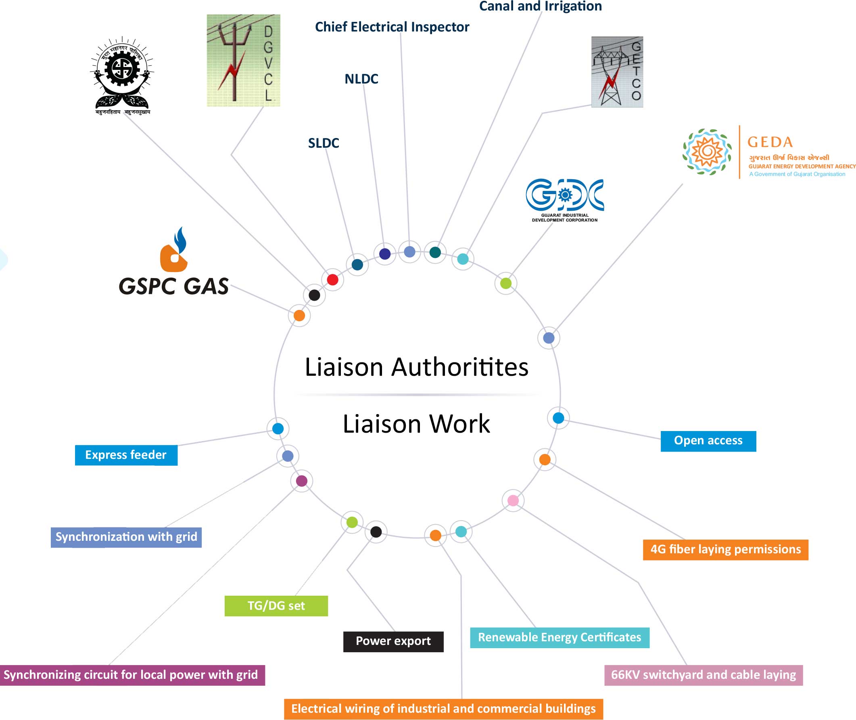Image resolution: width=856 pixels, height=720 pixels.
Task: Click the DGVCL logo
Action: coord(243,61)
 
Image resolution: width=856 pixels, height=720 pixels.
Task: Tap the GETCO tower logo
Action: coord(617,72)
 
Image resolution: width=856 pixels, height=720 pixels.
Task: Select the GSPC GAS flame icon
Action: coord(174,250)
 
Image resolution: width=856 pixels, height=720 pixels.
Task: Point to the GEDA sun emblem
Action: coord(707,152)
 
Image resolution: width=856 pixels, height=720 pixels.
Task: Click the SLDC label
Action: coord(324,143)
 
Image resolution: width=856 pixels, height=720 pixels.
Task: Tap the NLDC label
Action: coord(361,79)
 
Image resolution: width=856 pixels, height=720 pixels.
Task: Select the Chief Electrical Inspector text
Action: coord(392,27)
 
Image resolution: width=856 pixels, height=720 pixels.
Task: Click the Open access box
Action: coord(708,441)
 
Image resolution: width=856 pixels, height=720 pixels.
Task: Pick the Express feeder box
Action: coord(126,455)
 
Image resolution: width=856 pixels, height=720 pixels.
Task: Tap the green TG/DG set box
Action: coord(276,606)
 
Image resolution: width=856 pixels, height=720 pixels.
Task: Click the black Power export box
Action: coord(393,641)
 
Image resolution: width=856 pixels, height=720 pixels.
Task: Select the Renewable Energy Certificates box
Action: coord(560,638)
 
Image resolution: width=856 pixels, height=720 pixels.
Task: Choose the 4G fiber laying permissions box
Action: coord(725,549)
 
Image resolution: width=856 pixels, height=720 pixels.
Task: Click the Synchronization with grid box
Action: coord(126,537)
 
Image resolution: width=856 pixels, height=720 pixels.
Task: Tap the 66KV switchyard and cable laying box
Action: coord(703,675)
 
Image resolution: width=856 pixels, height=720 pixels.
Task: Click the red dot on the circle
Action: coord(332,280)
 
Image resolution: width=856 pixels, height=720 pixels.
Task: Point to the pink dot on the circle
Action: coord(513,500)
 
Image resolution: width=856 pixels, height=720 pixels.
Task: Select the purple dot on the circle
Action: coord(301,481)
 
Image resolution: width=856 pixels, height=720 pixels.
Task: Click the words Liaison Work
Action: coord(416,424)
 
